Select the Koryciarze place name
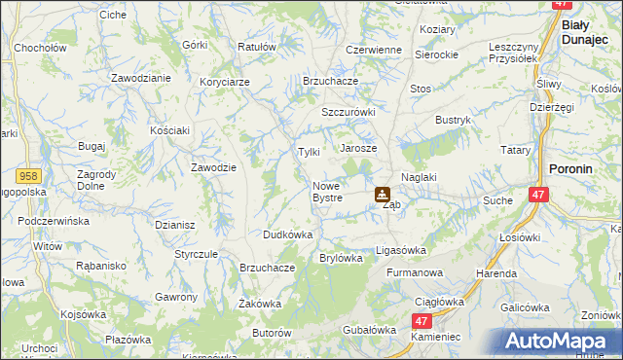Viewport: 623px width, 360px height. coord(226,81)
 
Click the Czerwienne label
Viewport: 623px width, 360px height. coord(374,50)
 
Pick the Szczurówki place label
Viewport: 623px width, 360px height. coord(348,112)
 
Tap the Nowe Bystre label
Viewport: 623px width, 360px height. coord(327,192)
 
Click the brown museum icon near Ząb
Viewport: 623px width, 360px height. coord(383,195)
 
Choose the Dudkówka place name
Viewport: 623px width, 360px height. coord(287,234)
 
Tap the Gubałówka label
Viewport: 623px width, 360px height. coord(366,331)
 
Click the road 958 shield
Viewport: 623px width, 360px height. coord(29,175)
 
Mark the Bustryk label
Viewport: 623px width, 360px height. coord(453,120)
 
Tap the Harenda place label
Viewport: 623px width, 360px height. coord(495,273)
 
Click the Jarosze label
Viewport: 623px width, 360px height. coord(358,148)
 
